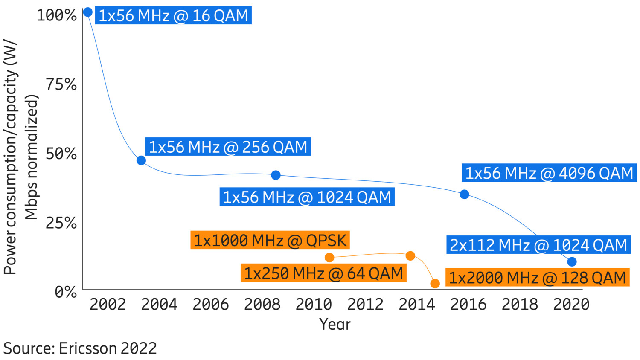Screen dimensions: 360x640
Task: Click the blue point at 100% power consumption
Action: tap(87, 12)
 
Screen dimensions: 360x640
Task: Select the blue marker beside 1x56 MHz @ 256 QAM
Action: tap(141, 160)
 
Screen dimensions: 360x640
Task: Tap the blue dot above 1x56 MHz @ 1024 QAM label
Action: tap(276, 175)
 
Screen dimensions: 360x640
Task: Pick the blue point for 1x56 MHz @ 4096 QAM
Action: tap(464, 194)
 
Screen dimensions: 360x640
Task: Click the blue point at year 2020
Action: tap(572, 261)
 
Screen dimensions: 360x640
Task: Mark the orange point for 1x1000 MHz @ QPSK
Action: tap(329, 257)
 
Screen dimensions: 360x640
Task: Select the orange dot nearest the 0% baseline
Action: tap(435, 283)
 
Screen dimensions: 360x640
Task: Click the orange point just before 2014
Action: tap(410, 255)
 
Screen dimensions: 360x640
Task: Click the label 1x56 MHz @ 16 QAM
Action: tap(173, 16)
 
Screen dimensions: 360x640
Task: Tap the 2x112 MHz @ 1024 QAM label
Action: tap(538, 245)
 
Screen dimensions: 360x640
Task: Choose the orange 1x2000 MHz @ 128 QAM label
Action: tap(537, 278)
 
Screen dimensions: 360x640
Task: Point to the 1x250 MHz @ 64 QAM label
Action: tap(323, 273)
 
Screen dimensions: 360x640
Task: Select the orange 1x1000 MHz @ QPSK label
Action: tap(270, 241)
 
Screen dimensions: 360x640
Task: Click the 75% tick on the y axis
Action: tap(61, 84)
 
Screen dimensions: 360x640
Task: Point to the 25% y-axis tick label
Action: tap(61, 223)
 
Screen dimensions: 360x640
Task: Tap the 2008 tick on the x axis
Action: tap(262, 305)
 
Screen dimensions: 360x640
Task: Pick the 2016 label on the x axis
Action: tap(468, 305)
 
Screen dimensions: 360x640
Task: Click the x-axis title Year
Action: tap(335, 325)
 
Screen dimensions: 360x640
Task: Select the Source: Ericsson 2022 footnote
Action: tap(80, 348)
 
